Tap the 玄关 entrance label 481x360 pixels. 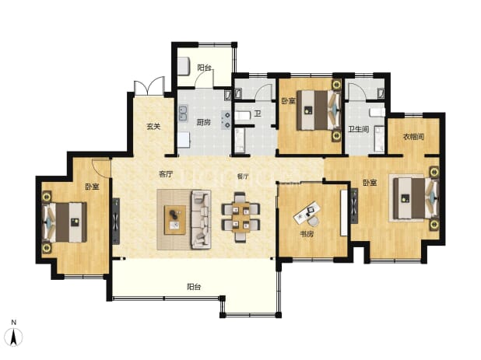153,126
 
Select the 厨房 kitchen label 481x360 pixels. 203,122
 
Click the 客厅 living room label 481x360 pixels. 166,175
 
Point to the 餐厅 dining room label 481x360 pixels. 243,177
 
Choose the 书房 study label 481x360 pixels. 307,234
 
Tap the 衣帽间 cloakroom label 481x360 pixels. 413,137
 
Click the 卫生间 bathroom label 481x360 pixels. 359,129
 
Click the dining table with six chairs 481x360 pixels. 240,217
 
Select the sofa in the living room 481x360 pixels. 201,219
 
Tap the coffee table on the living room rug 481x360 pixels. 175,220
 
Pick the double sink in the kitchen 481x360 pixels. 184,113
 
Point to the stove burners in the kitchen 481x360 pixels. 226,120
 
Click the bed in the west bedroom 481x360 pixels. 65,222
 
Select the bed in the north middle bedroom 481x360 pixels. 319,110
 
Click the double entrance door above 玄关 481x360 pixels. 149,86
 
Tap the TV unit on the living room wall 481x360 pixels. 116,221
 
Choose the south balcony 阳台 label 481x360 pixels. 194,287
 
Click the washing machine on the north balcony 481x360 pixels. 184,67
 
